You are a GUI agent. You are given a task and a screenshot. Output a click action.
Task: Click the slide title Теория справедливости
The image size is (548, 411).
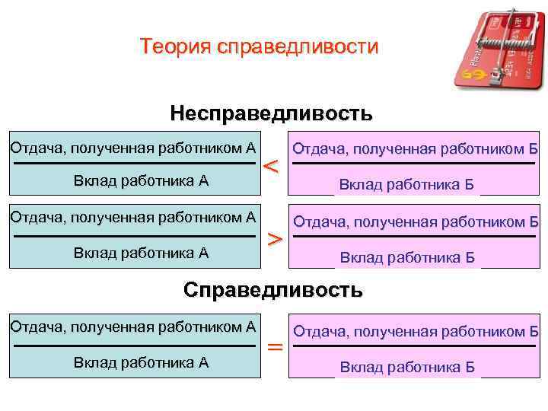[259, 47]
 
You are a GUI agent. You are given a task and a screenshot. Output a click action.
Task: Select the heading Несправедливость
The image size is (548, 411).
[271, 114]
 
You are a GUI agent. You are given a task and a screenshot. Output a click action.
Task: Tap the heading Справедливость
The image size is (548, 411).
[273, 290]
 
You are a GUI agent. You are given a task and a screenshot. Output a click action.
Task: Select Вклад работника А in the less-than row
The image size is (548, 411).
[141, 180]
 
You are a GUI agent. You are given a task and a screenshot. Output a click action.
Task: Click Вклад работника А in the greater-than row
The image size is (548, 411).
[141, 253]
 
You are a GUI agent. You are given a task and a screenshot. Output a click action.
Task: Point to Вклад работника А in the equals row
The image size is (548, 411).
[141, 362]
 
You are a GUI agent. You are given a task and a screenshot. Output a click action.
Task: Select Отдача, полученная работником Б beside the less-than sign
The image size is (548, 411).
[416, 148]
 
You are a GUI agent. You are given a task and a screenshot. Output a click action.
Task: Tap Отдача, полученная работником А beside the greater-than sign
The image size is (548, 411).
[132, 217]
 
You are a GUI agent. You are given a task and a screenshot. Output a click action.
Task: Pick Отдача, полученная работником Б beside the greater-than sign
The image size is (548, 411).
[416, 221]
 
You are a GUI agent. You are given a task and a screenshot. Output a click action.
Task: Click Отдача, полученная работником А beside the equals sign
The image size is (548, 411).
[132, 327]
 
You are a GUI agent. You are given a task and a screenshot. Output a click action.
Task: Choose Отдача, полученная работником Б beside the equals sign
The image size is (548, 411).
[416, 331]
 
